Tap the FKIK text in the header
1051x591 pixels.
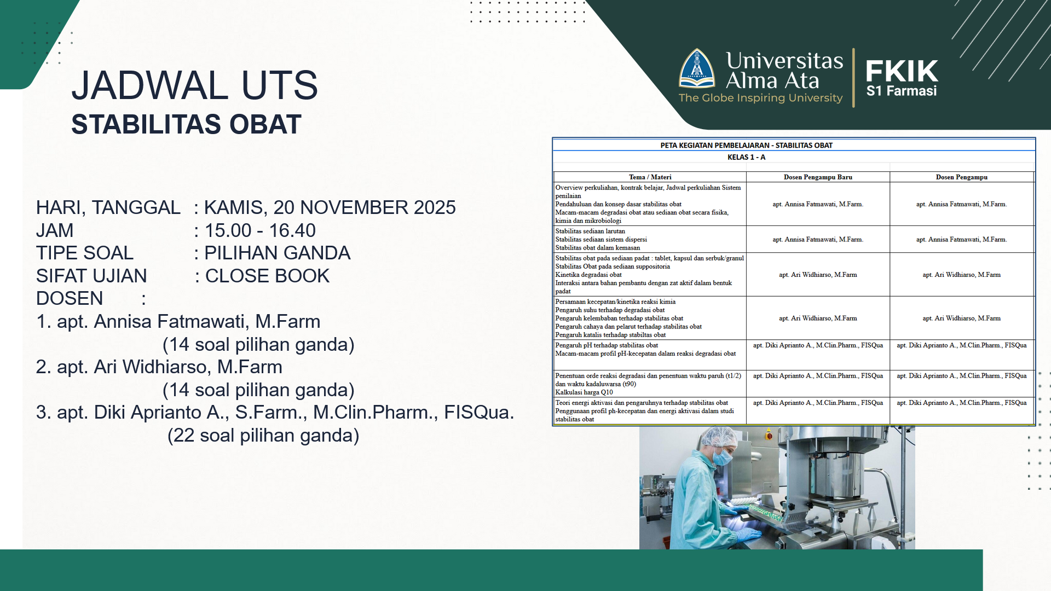[x=902, y=71]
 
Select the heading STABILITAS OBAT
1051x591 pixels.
[x=186, y=124]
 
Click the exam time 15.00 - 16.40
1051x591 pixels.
[x=260, y=230]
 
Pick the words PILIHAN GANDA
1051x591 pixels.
[x=278, y=253]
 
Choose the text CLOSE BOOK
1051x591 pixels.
[x=267, y=276]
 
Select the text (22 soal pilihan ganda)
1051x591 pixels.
[x=263, y=436]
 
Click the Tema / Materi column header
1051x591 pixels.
[x=650, y=177]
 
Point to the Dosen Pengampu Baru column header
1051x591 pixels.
[x=818, y=177]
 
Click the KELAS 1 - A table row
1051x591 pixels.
[x=746, y=157]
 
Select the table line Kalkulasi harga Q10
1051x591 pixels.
[x=584, y=392]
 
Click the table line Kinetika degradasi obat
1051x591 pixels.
[x=588, y=275]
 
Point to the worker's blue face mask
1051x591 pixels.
[x=725, y=456]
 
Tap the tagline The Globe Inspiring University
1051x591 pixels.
[x=760, y=98]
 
